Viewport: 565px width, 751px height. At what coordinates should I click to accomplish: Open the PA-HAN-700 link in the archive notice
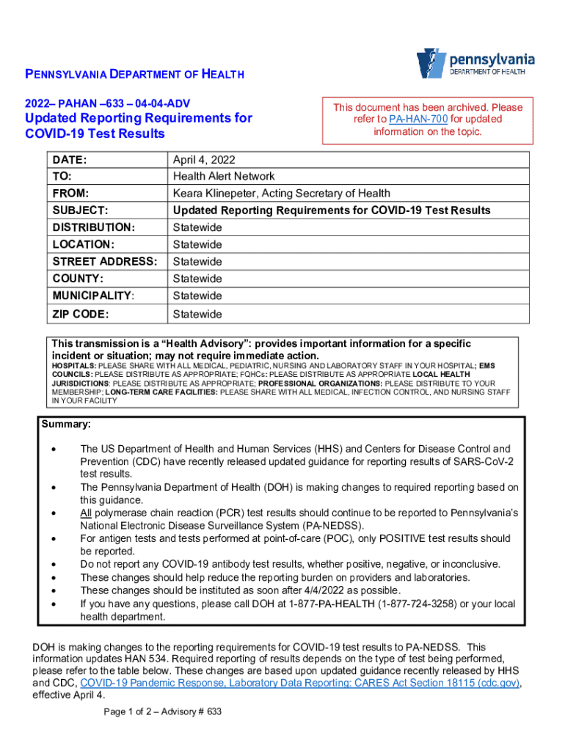pyautogui.click(x=416, y=119)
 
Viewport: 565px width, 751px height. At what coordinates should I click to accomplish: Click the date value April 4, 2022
pyautogui.click(x=204, y=159)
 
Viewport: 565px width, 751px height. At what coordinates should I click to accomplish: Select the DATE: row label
pyautogui.click(x=70, y=159)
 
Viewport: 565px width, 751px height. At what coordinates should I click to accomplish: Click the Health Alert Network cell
pyautogui.click(x=224, y=176)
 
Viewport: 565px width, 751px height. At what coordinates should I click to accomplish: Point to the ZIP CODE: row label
pyautogui.click(x=81, y=314)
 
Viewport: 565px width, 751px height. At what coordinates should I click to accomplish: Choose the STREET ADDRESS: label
pyautogui.click(x=105, y=262)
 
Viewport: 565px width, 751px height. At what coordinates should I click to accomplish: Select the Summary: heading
pyautogui.click(x=66, y=425)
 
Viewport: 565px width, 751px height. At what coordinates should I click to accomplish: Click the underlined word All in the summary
pyautogui.click(x=87, y=513)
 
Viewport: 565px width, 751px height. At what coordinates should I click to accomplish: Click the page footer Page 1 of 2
pyautogui.click(x=132, y=712)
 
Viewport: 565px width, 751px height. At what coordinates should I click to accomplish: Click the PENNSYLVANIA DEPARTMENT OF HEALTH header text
pyautogui.click(x=135, y=74)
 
